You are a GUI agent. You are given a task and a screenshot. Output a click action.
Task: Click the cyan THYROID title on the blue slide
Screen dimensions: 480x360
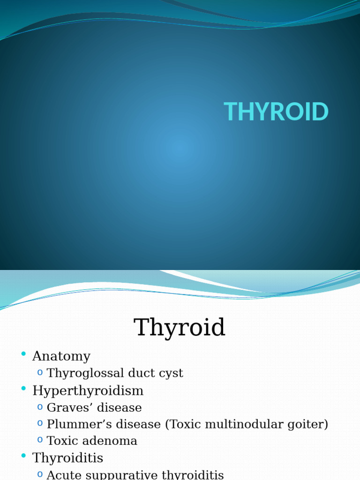point(276,112)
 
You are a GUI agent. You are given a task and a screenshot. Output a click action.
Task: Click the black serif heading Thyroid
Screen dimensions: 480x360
point(180,328)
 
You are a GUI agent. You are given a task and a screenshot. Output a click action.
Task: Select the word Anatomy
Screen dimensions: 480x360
point(61,356)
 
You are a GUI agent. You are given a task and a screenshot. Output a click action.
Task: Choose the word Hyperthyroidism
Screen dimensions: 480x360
point(88,390)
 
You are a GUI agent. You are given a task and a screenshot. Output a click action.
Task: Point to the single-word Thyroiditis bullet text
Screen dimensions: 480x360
point(67,458)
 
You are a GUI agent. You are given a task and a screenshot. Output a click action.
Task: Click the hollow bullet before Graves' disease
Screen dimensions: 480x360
point(40,407)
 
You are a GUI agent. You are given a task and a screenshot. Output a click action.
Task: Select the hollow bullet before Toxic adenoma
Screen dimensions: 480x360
point(40,440)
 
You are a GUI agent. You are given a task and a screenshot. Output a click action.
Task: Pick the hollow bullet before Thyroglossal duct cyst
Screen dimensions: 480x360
point(40,373)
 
